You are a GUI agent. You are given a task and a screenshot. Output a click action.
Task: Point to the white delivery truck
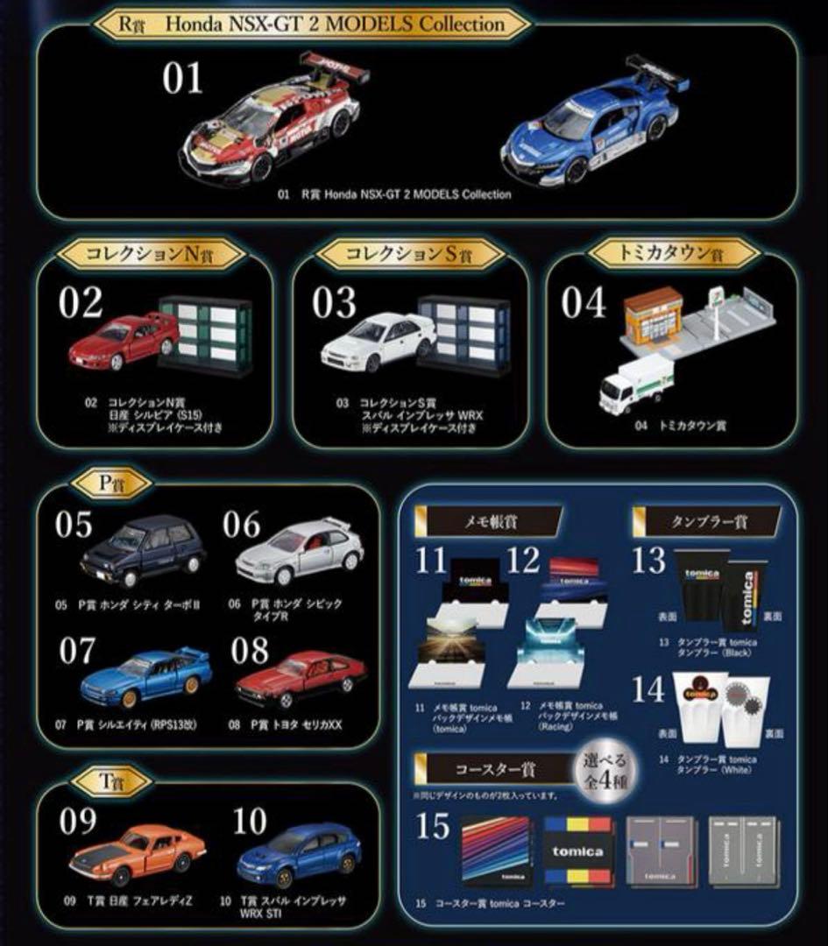[635, 384]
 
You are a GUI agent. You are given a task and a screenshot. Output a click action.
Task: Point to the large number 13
[648, 562]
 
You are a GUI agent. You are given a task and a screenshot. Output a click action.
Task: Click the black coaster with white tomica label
[578, 851]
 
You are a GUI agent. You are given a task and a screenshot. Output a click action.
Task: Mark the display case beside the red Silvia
[205, 335]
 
